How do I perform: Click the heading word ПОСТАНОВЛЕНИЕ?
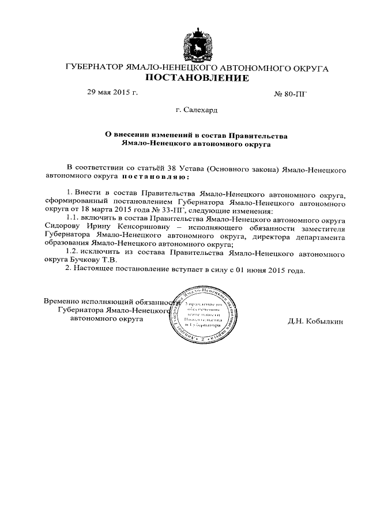pos(197,78)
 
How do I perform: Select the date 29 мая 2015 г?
pos(112,92)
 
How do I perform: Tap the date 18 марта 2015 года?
pos(129,211)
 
